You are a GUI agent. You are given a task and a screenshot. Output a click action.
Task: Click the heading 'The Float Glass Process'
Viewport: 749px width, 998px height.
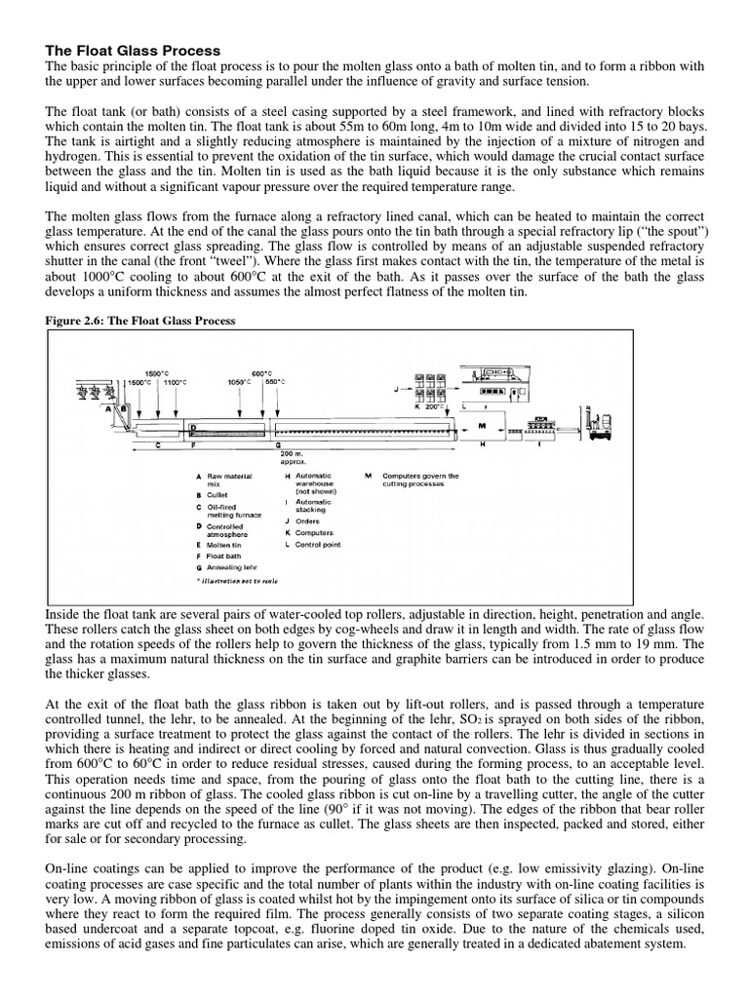(133, 50)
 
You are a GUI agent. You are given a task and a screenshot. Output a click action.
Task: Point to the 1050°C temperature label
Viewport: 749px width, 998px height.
(240, 383)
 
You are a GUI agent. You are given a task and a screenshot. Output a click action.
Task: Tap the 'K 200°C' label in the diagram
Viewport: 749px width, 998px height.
(429, 404)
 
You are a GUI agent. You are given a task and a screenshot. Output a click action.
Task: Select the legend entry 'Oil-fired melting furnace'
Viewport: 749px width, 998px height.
(231, 513)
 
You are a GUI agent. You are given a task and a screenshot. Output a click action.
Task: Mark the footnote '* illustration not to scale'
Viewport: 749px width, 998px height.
(237, 581)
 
